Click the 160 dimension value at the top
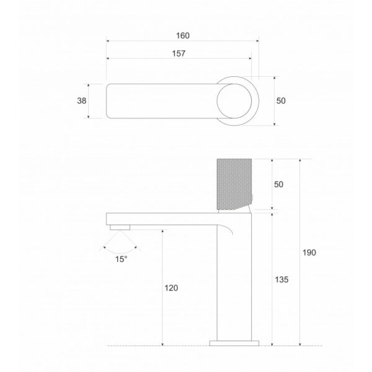point(182,35)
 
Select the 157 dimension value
point(179,54)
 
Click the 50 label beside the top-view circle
point(280,100)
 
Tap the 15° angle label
point(121,259)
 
